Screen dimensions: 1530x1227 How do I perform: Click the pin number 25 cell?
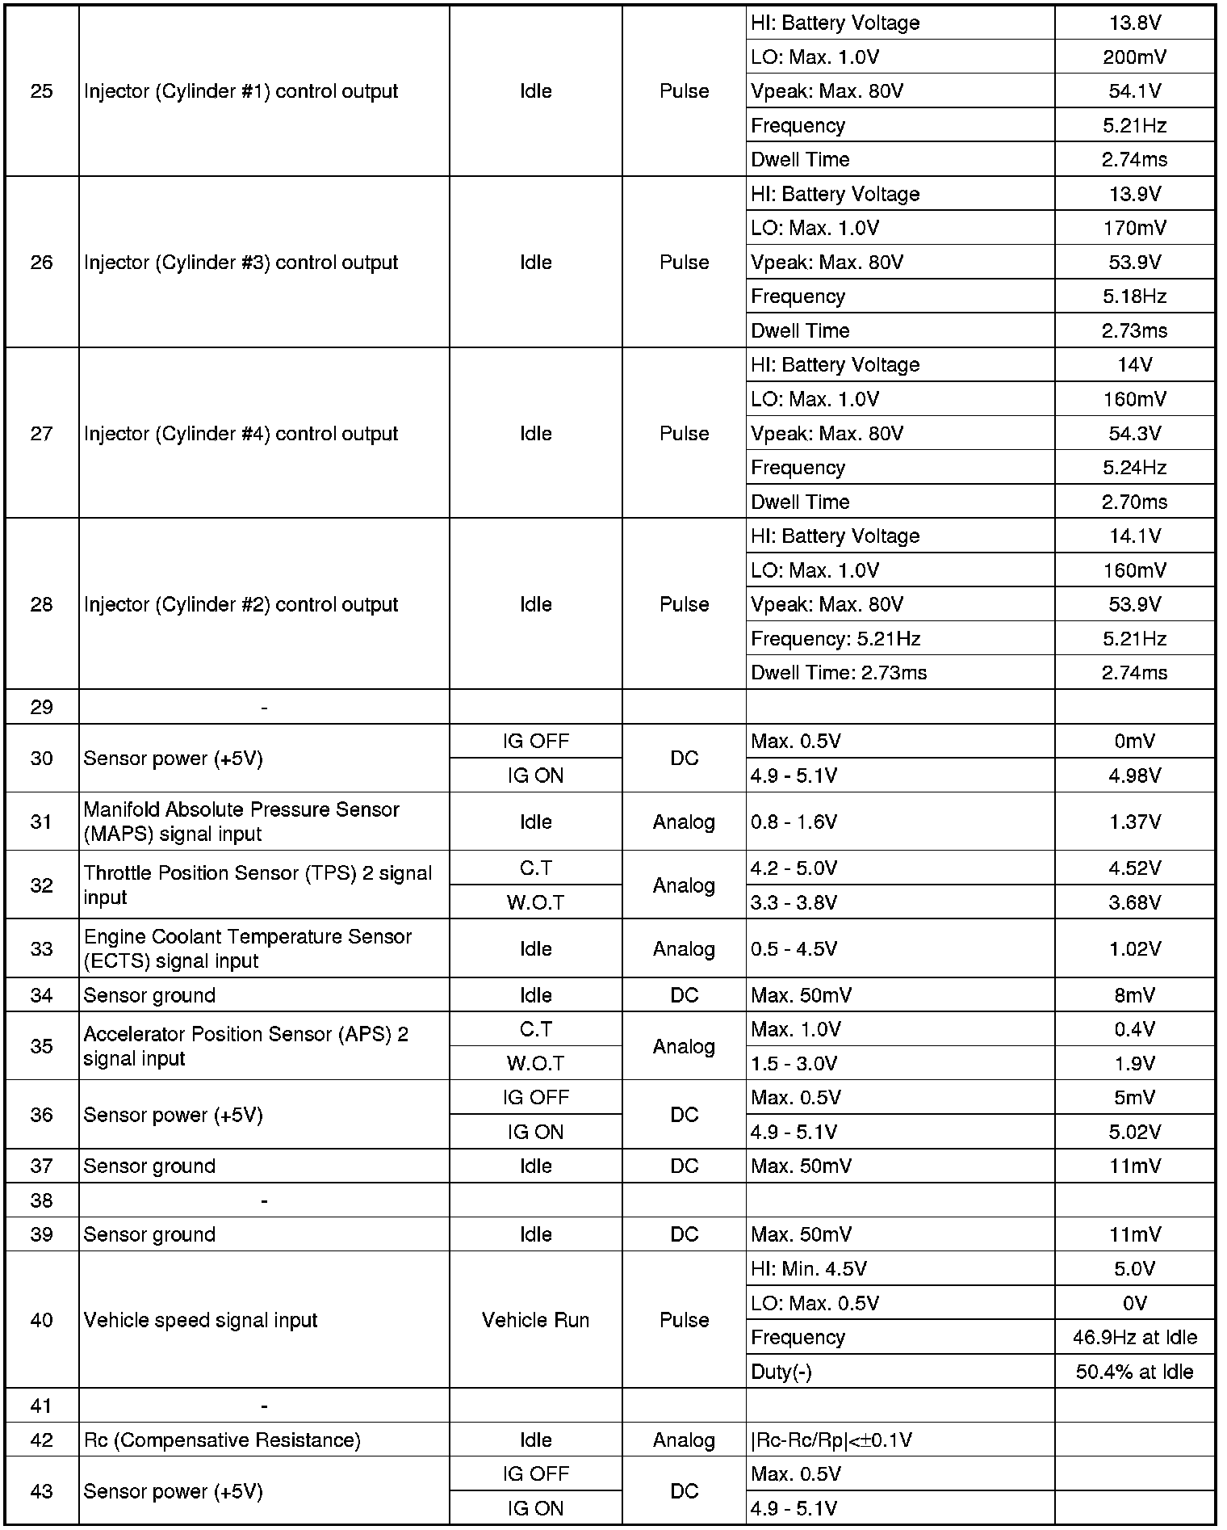tap(41, 91)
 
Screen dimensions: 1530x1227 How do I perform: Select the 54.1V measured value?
tap(1134, 91)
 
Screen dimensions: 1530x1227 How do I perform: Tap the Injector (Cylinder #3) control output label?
tap(241, 263)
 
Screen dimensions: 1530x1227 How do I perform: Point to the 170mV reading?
tap(1134, 229)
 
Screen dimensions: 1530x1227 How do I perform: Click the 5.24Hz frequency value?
tap(1134, 468)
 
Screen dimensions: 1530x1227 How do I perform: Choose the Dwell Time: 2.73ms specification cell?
tap(839, 673)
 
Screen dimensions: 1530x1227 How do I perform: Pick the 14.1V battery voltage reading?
tap(1134, 536)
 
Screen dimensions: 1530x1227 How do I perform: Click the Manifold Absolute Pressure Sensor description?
tap(241, 822)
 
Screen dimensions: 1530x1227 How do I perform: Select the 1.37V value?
tap(1134, 822)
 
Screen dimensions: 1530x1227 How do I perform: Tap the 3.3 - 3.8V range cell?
tap(794, 902)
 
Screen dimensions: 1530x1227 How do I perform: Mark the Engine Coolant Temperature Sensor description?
tap(247, 948)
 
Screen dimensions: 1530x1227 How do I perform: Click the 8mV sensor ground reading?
tap(1134, 995)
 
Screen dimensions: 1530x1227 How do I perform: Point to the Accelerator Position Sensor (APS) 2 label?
tap(245, 1046)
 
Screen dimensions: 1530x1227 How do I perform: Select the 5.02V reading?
tap(1134, 1132)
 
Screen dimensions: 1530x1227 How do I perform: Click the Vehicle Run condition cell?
tap(535, 1320)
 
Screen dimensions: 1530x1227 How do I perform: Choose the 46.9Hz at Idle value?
tap(1134, 1338)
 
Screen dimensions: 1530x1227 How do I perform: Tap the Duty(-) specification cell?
tap(781, 1372)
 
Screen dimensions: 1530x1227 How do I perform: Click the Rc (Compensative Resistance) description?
tap(222, 1440)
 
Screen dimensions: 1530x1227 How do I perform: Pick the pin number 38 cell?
tap(41, 1200)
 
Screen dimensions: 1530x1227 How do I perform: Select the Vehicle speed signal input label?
tap(200, 1320)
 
